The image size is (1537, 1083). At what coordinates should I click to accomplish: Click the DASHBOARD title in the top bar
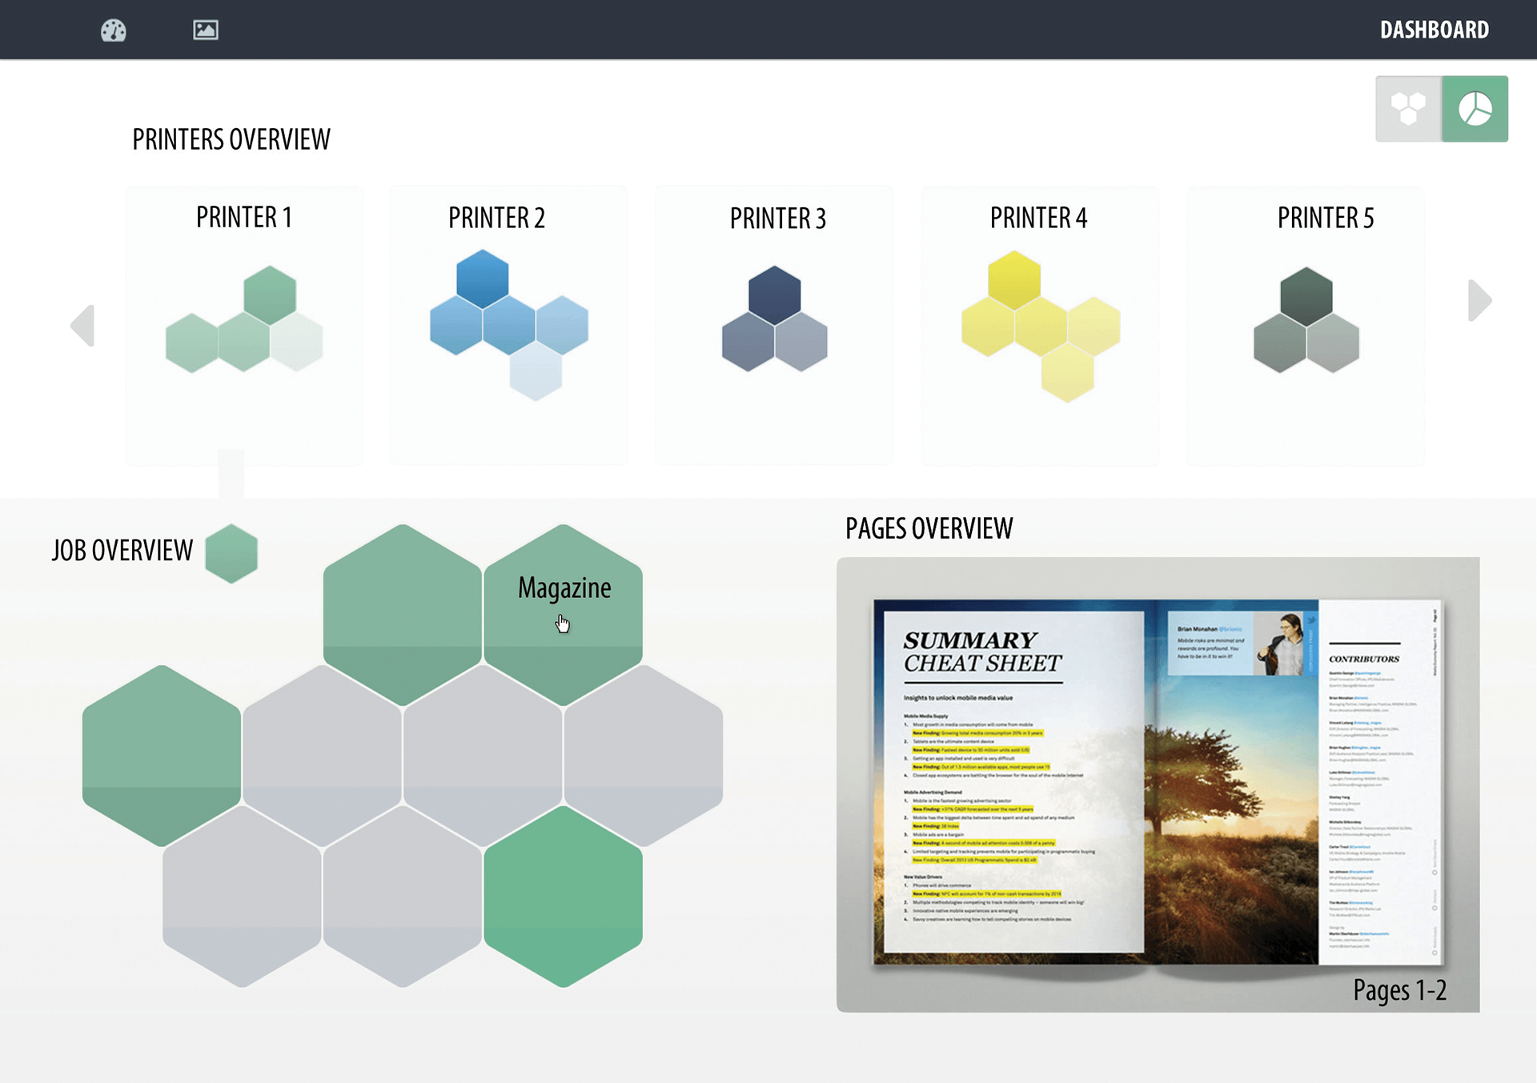pyautogui.click(x=1434, y=30)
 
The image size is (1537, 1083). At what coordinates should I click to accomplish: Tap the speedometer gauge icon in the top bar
pyautogui.click(x=113, y=30)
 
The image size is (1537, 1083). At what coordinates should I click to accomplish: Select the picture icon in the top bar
pyautogui.click(x=206, y=30)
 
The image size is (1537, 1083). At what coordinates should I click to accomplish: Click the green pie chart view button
pyautogui.click(x=1475, y=109)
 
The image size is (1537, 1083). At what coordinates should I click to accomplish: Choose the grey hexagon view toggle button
pyautogui.click(x=1408, y=109)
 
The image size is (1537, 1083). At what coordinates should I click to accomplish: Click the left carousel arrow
pyautogui.click(x=83, y=325)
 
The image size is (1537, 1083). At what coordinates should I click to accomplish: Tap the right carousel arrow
pyautogui.click(x=1479, y=300)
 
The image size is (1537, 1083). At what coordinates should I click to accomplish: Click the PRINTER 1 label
pyautogui.click(x=244, y=218)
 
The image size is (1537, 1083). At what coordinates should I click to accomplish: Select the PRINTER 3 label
pyautogui.click(x=777, y=219)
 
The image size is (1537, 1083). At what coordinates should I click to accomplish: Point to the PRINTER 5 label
pyautogui.click(x=1325, y=218)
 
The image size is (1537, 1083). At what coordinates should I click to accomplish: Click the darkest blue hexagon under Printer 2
pyautogui.click(x=482, y=279)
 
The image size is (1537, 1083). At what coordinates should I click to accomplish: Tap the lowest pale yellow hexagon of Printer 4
pyautogui.click(x=1067, y=372)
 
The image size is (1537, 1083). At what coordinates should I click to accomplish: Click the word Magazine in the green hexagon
pyautogui.click(x=564, y=588)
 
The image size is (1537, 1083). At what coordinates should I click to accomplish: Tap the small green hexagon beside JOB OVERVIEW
pyautogui.click(x=231, y=553)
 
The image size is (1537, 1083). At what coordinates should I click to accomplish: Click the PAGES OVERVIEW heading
pyautogui.click(x=929, y=528)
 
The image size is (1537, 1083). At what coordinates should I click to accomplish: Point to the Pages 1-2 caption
pyautogui.click(x=1399, y=990)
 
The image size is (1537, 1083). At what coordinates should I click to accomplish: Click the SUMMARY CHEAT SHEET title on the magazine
pyautogui.click(x=982, y=652)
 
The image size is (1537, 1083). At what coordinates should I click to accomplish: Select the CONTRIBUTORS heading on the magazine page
pyautogui.click(x=1364, y=659)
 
